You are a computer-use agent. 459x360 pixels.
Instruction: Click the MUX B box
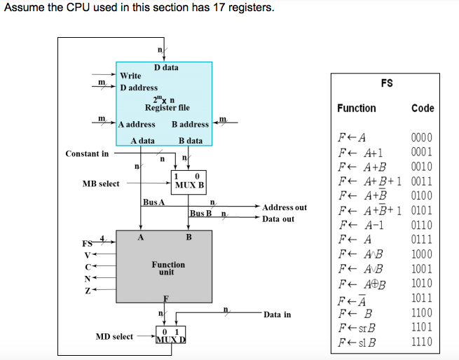(189, 182)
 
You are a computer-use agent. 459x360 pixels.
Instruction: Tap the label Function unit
(168, 268)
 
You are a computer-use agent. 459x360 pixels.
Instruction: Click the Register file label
(167, 108)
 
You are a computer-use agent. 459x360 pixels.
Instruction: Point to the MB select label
(101, 184)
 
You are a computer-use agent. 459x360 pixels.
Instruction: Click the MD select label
(114, 337)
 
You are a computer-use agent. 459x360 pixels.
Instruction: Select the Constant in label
(87, 153)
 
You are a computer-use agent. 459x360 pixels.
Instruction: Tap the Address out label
(285, 207)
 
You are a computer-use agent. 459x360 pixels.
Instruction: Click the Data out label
(278, 219)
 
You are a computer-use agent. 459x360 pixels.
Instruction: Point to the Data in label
(278, 314)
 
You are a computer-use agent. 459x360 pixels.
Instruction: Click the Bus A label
(153, 202)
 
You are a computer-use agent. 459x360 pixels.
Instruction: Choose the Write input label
(130, 76)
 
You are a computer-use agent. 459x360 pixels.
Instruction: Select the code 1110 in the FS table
(422, 342)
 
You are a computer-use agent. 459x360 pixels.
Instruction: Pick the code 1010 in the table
(422, 284)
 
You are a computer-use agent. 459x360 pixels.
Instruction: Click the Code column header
(423, 108)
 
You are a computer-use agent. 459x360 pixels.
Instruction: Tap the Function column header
(356, 108)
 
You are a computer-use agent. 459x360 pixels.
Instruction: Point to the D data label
(166, 67)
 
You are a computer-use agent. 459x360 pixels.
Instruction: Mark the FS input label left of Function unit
(88, 243)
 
